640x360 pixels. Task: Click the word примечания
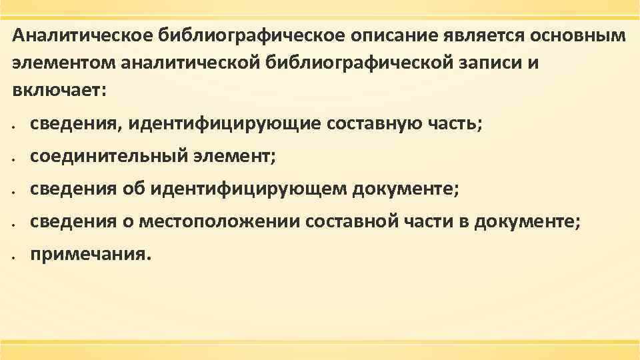tap(91, 255)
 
